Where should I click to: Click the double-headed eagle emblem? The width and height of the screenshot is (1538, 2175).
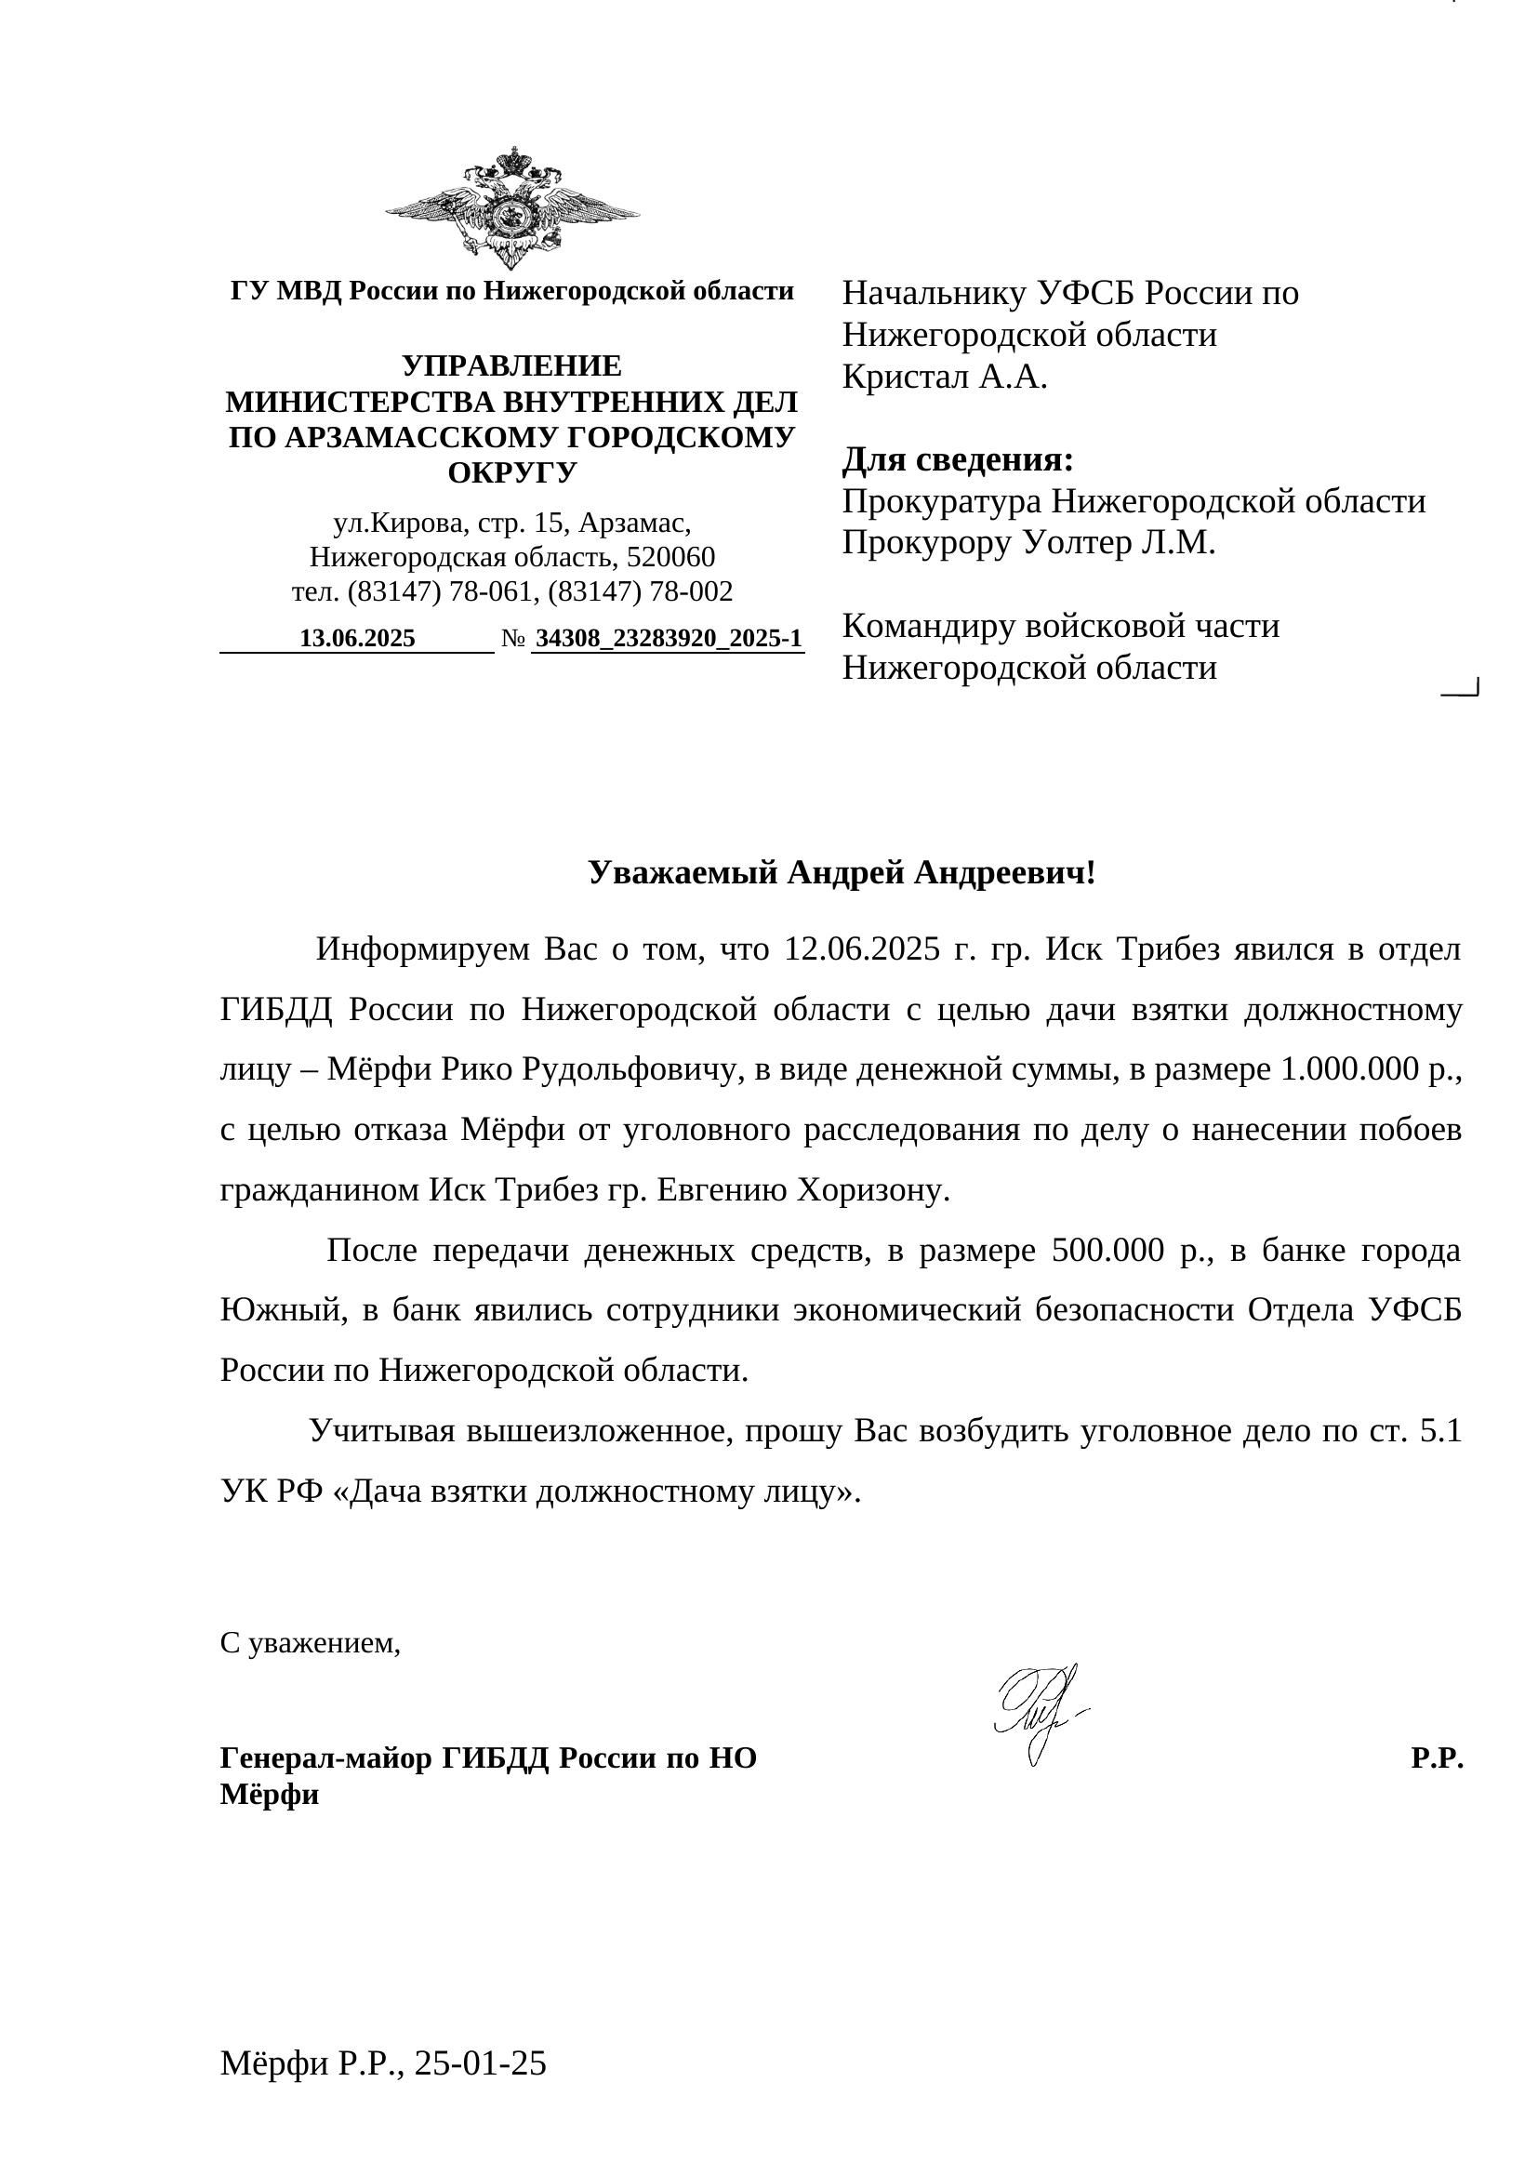[512, 208]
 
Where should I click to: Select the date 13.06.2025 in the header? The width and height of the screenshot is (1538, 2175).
[357, 639]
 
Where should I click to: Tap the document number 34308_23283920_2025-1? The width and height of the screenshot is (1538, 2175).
[668, 639]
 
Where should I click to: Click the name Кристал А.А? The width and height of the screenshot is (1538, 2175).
[944, 377]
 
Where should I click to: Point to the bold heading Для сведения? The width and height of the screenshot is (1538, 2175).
[958, 460]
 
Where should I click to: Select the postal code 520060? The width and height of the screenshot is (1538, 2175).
[670, 557]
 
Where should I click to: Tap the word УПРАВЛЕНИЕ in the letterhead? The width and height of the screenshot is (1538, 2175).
[511, 365]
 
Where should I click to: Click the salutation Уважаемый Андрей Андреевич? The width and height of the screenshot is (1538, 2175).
[841, 872]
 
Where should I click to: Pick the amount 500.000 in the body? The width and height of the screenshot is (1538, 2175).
[1107, 1251]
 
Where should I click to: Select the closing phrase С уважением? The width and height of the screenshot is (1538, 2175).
[311, 1643]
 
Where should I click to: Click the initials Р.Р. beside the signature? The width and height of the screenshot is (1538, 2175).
[1437, 1758]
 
